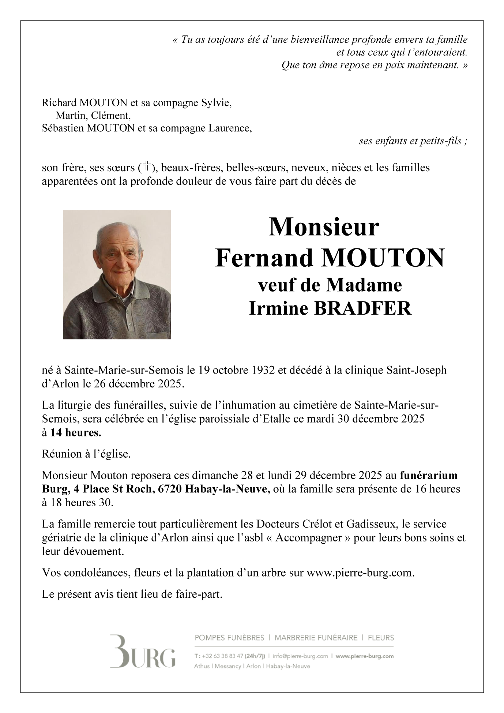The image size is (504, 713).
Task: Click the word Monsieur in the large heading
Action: pos(324,227)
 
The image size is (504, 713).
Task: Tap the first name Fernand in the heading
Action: pos(264,258)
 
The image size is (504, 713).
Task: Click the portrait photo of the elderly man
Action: pos(117,274)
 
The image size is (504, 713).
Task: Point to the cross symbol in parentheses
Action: pos(147,167)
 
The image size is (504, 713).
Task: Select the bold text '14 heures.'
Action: pos(76,433)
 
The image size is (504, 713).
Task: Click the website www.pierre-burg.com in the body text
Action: pos(360,573)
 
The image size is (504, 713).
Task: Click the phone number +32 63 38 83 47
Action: pos(222,656)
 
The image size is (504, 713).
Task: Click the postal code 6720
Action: pos(169,489)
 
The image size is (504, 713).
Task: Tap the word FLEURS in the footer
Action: pos(381,638)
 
